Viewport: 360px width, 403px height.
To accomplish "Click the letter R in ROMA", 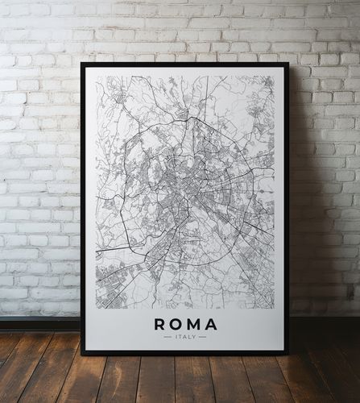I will [159, 325].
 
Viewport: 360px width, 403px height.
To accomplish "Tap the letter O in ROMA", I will [176, 325].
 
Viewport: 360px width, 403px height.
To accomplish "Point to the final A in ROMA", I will [211, 325].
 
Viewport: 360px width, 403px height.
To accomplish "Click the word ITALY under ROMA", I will [185, 337].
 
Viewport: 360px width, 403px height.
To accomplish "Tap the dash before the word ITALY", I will [168, 337].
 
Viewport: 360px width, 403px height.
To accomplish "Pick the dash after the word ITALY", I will [203, 337].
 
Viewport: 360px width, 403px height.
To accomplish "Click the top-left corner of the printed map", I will [96, 77].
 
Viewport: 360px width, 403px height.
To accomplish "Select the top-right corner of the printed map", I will [275, 77].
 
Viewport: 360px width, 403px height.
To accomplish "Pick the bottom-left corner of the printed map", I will [96, 308].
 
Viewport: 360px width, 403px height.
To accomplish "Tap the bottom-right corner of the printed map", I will [275, 308].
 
